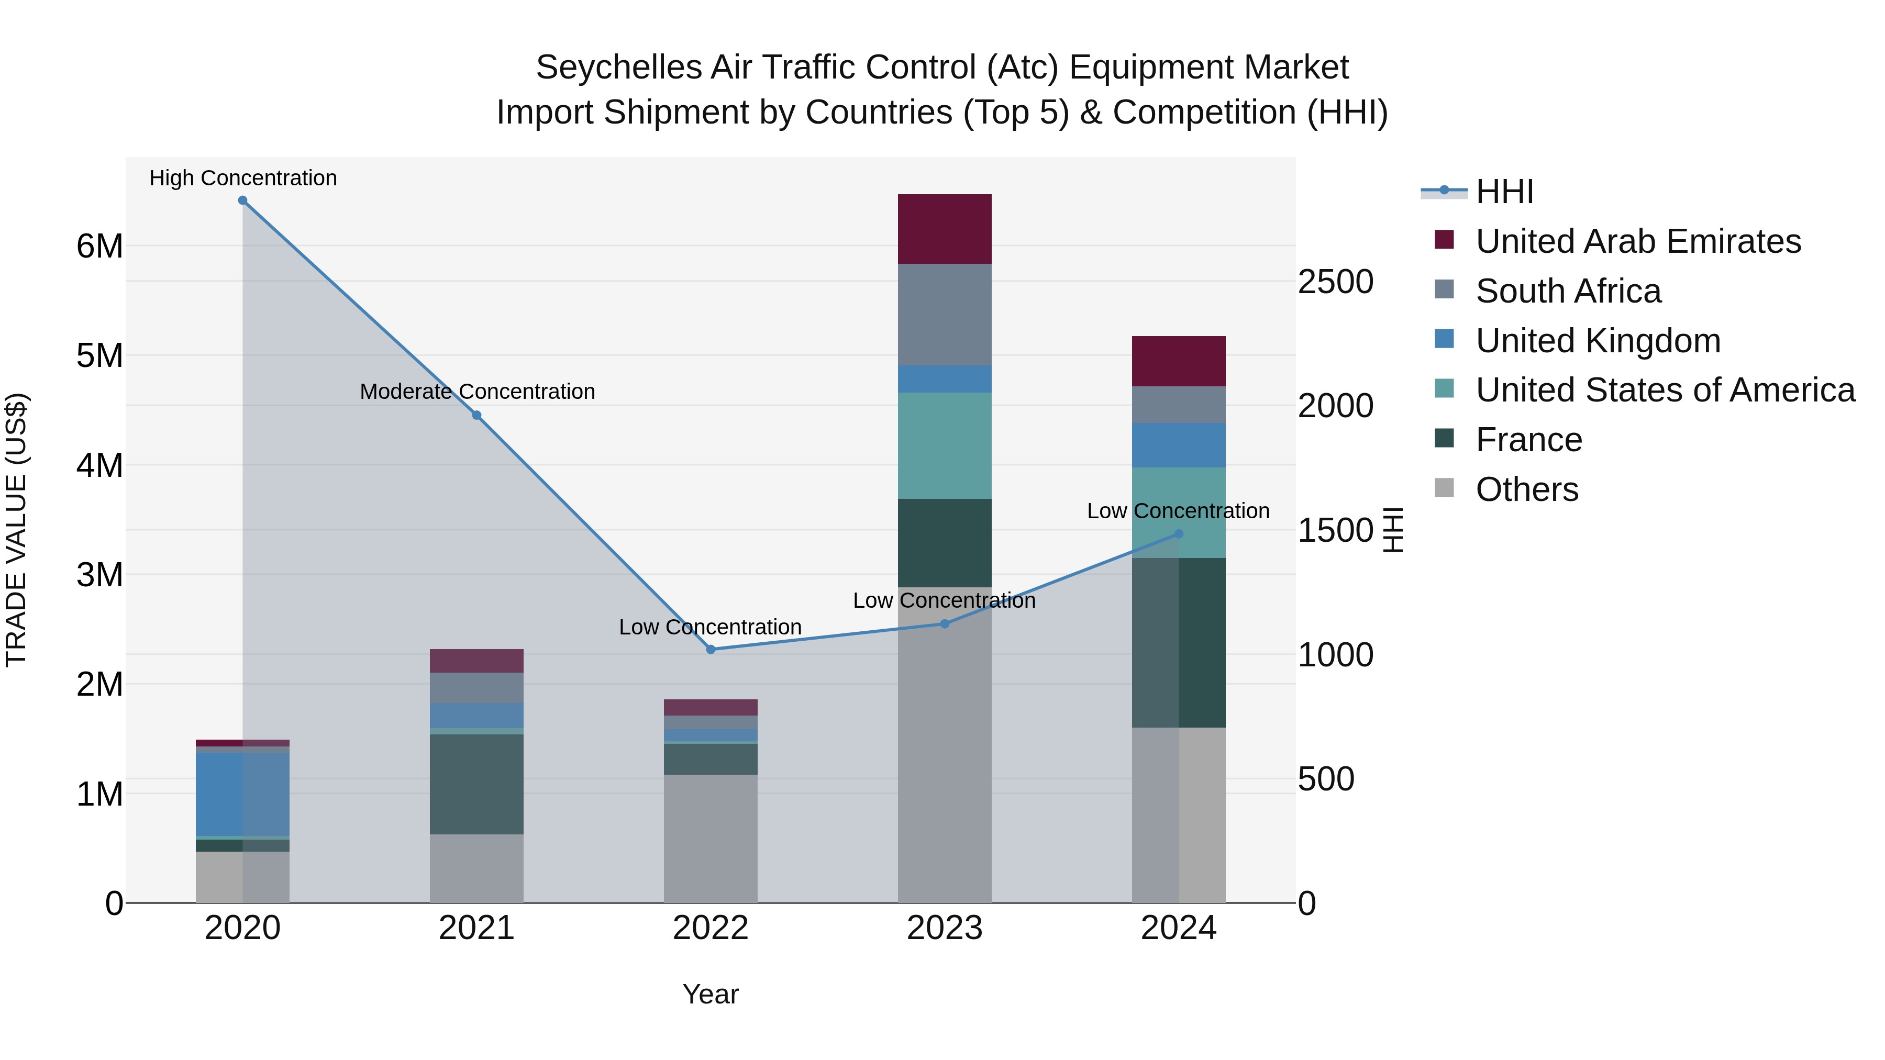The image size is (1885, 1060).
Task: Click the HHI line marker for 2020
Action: (x=243, y=200)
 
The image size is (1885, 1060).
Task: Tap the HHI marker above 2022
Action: (x=711, y=650)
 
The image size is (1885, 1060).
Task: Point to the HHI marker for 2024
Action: (x=1178, y=534)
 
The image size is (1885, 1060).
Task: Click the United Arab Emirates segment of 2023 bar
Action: (x=944, y=229)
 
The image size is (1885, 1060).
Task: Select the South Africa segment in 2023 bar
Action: (x=944, y=315)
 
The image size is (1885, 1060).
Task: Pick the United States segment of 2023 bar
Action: (x=944, y=445)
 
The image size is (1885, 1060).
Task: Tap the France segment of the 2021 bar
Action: (x=476, y=784)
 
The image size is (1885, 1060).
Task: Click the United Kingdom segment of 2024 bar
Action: (x=1178, y=445)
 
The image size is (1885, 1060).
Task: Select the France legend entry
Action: (x=1528, y=440)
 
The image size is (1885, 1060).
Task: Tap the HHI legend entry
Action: (x=1504, y=192)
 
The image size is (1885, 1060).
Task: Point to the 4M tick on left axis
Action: (x=99, y=465)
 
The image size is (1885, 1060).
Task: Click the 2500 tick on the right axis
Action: (x=1335, y=282)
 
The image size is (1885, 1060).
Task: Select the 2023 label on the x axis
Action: (x=944, y=928)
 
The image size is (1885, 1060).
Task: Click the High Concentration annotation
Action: (x=243, y=178)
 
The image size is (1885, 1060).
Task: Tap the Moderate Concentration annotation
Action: (x=477, y=392)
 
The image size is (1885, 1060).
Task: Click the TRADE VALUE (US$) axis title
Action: (x=16, y=530)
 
